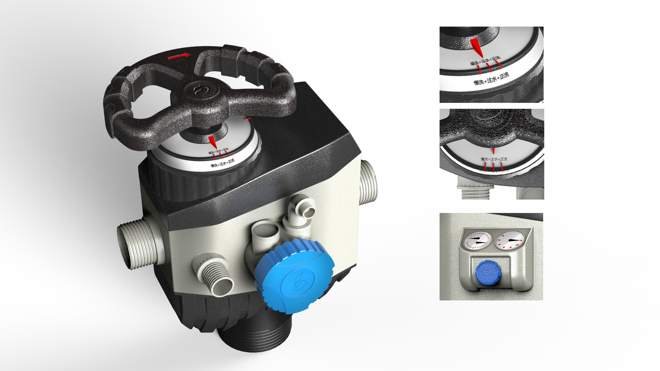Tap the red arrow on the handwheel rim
[179, 56]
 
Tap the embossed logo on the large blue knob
[299, 282]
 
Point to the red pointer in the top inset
[477, 47]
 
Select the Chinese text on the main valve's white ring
[222, 163]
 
